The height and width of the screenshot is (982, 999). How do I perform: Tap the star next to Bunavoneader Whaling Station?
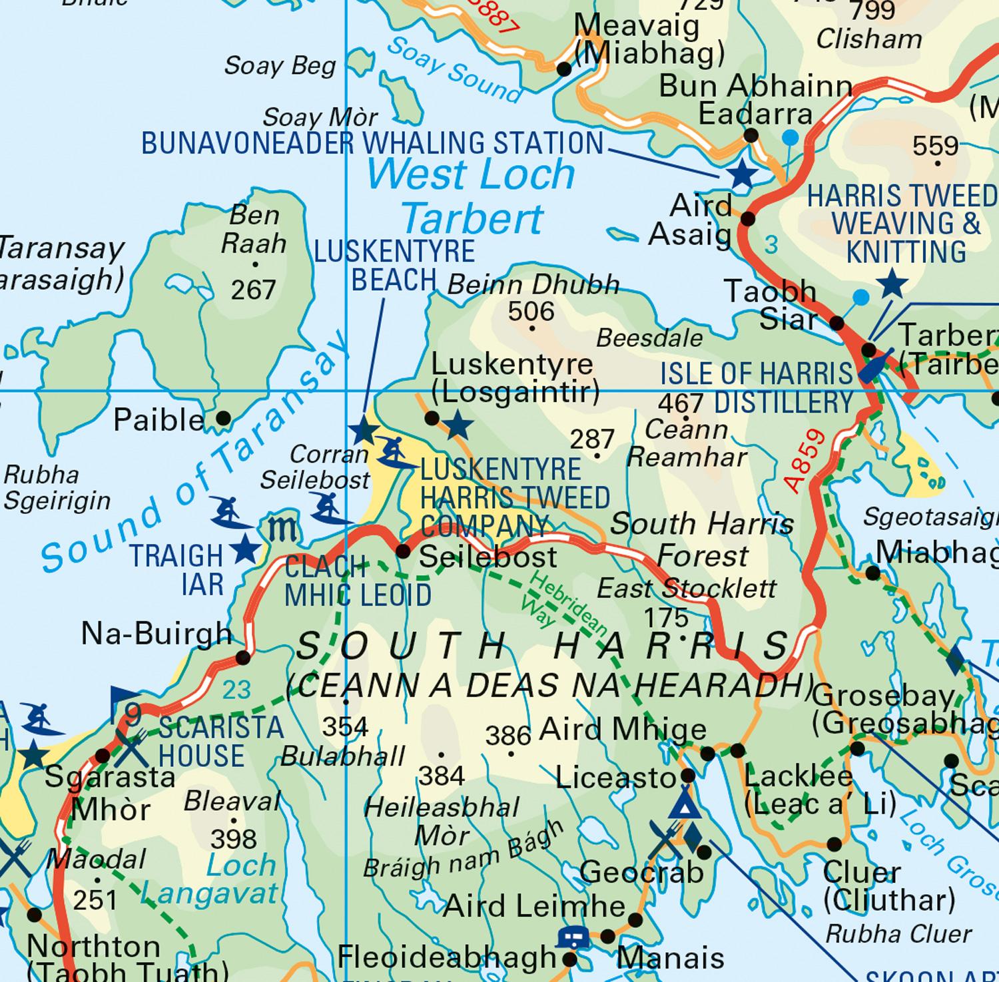pos(743,175)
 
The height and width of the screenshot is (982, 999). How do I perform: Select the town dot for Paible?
pos(224,419)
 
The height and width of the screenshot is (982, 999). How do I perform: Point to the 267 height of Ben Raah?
pos(253,290)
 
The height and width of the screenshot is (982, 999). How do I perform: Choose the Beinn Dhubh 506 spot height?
pos(531,312)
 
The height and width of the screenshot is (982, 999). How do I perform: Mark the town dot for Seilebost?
pos(403,551)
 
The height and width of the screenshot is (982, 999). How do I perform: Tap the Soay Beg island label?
pos(280,66)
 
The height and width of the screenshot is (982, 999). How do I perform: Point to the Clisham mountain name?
pos(868,39)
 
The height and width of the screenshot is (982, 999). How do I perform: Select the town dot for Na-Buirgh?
pos(243,658)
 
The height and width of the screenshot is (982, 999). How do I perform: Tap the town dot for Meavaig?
pos(564,69)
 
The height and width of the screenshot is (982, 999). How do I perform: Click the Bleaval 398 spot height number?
pos(233,839)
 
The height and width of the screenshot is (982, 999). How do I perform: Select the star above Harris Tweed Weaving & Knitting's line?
pos(892,284)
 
